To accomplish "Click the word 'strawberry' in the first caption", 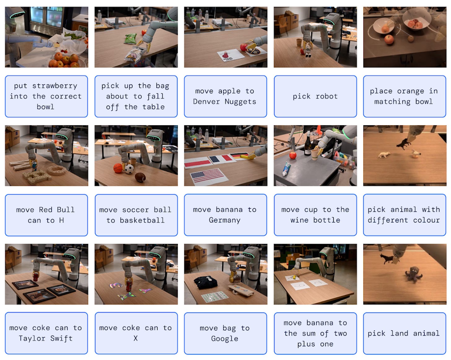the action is pyautogui.click(x=55, y=86).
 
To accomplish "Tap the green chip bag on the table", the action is pyautogui.click(x=130, y=38).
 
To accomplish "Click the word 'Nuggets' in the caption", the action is pyautogui.click(x=240, y=101).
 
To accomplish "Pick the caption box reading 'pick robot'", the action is pyautogui.click(x=315, y=96).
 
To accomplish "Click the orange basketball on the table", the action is pyautogui.click(x=118, y=168).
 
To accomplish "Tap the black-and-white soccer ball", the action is pyautogui.click(x=129, y=169).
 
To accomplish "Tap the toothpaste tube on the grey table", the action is pyautogui.click(x=286, y=169).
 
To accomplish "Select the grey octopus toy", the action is pyautogui.click(x=413, y=274).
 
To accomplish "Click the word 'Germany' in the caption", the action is pyautogui.click(x=225, y=220).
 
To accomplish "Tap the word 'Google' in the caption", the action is pyautogui.click(x=225, y=339).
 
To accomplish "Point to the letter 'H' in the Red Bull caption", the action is pyautogui.click(x=61, y=220).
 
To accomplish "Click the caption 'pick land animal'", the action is pyautogui.click(x=404, y=333).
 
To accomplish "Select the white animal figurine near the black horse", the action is pyautogui.click(x=384, y=155).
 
